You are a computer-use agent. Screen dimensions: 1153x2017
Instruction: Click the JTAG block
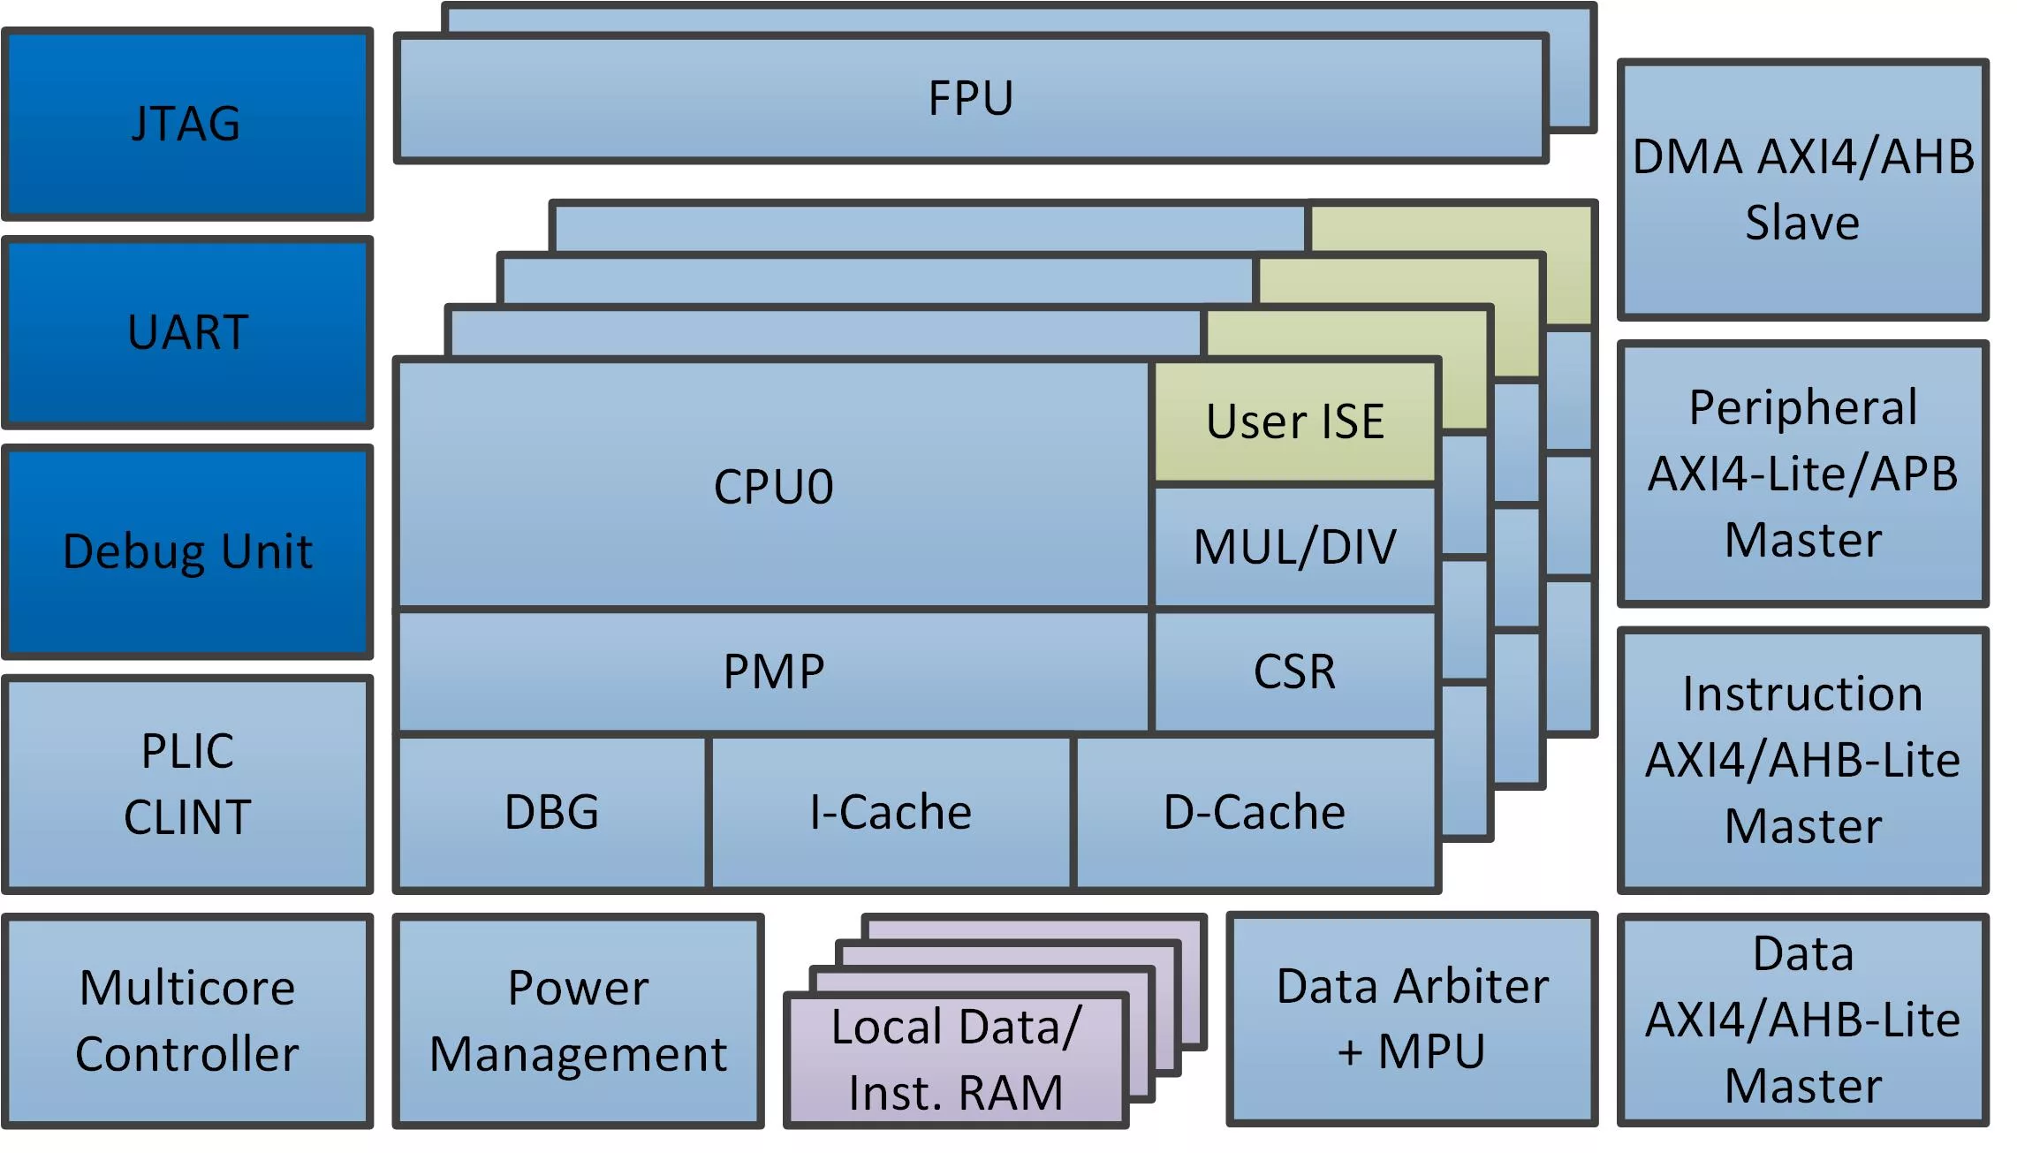tap(187, 124)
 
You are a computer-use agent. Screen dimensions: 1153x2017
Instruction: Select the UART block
tap(187, 332)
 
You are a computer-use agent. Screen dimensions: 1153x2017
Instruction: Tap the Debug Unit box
tap(187, 551)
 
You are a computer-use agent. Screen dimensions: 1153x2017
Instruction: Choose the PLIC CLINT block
tap(187, 784)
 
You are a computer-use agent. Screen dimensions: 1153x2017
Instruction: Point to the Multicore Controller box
tap(187, 1020)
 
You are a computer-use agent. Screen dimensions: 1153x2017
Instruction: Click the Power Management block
tap(578, 1020)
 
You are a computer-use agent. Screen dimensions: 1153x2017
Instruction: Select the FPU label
tap(970, 98)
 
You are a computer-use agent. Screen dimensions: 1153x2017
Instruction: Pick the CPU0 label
tap(773, 486)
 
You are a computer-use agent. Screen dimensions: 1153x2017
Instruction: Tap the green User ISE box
tap(1295, 421)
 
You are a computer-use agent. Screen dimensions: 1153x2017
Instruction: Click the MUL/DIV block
tap(1295, 546)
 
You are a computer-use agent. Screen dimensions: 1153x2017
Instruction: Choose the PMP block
tap(773, 671)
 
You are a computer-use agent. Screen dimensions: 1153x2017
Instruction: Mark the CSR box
tap(1295, 671)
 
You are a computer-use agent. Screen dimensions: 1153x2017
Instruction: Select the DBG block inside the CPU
tap(551, 812)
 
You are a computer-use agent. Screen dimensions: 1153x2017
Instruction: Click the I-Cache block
tap(891, 812)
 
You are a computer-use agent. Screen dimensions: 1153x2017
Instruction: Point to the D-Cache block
tap(1255, 812)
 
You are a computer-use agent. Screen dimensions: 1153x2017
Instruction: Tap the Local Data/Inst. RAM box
tap(956, 1060)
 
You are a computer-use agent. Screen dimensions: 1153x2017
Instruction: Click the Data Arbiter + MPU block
tap(1412, 1019)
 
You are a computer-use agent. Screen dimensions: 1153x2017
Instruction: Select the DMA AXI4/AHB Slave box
tap(1802, 189)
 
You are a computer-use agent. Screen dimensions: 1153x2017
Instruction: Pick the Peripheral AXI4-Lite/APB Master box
tap(1802, 474)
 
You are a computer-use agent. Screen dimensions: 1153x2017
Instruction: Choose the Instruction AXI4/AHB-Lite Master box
tap(1802, 760)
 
